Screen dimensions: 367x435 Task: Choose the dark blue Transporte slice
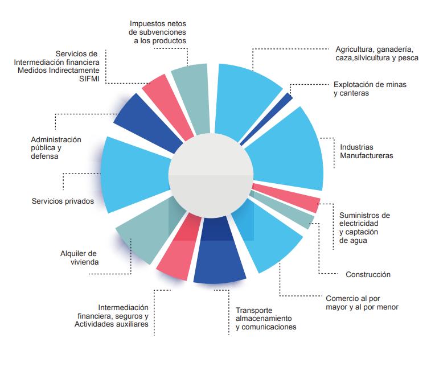pyautogui.click(x=219, y=259)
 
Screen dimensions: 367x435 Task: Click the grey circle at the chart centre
pyautogui.click(x=211, y=176)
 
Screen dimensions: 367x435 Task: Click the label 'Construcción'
pyautogui.click(x=368, y=274)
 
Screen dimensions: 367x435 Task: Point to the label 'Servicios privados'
pyautogui.click(x=63, y=201)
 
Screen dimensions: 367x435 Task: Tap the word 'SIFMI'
pyautogui.click(x=89, y=78)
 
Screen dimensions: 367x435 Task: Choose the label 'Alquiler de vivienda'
pyautogui.click(x=80, y=258)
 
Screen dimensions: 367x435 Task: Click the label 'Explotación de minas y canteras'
pyautogui.click(x=370, y=89)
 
